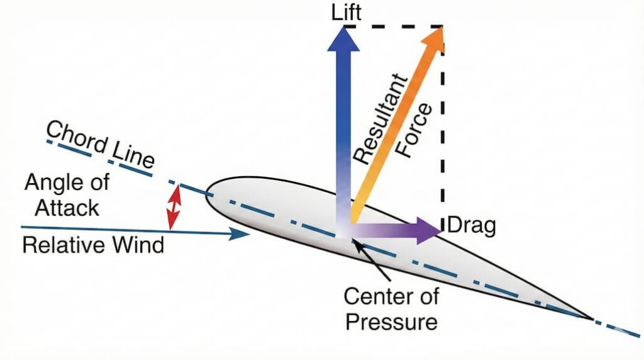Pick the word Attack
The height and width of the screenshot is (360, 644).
(x=67, y=208)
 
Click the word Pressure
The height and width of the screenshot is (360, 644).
(x=392, y=322)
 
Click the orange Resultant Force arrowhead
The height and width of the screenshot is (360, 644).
(x=433, y=39)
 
